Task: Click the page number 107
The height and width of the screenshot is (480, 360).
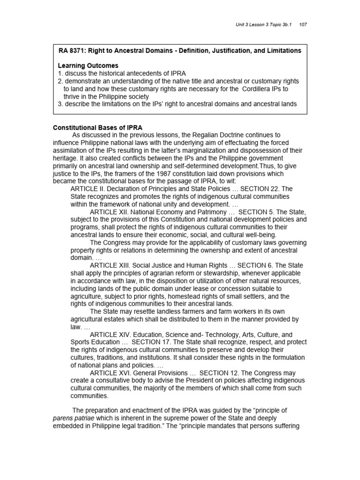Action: coord(302,24)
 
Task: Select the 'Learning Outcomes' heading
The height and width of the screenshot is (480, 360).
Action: coord(88,66)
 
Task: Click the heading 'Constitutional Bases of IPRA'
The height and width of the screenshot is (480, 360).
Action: coord(97,127)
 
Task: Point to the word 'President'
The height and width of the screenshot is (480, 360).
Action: coord(192,380)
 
